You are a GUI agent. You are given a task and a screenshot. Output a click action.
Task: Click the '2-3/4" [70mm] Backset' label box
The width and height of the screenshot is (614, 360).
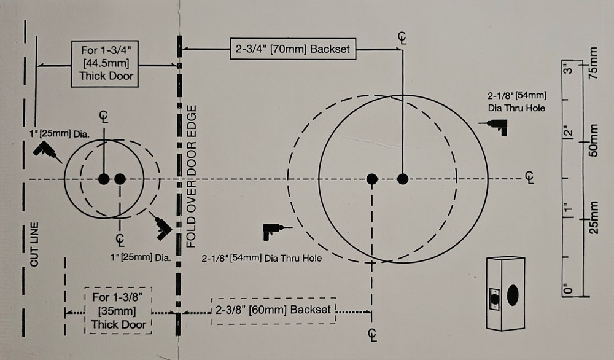293,49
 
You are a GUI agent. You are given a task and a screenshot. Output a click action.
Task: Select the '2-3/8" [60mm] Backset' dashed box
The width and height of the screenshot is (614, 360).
273,311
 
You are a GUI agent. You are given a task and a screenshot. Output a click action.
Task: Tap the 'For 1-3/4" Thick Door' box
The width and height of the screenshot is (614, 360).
104,63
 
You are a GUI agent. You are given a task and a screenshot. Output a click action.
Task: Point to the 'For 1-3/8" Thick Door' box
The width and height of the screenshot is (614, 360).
119,310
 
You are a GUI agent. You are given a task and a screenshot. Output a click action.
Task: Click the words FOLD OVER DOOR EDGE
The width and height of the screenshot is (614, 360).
191,176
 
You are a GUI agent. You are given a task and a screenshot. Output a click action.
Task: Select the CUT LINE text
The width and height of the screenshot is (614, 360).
34,245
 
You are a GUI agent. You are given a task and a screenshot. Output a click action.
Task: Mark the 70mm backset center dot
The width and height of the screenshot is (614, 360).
403,179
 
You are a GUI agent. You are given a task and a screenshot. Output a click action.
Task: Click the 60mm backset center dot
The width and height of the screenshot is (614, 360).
372,179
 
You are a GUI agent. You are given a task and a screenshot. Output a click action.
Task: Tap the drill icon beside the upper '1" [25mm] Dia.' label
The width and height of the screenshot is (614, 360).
47,151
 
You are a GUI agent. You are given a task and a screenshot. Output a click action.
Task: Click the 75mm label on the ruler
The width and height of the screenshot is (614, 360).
594,63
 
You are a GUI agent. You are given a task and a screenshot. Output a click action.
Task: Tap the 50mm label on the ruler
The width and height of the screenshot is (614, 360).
594,141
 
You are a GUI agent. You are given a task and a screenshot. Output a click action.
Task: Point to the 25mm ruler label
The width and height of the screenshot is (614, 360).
594,217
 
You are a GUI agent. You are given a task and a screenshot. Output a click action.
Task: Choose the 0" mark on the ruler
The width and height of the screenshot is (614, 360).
568,289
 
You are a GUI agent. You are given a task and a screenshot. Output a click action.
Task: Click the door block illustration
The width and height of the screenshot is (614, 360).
505,294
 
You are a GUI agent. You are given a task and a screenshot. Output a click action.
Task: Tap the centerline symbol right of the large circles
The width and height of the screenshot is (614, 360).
530,178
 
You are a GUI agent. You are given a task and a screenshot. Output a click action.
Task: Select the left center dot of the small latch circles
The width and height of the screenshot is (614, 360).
104,179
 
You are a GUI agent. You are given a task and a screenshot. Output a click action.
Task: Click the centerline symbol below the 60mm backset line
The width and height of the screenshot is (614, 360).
373,335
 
